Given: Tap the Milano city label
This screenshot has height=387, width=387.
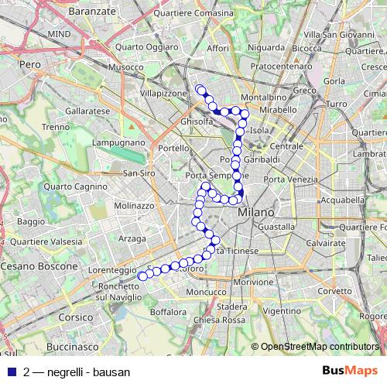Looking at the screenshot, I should [x=256, y=212].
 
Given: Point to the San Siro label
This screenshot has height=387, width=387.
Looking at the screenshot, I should [x=140, y=173].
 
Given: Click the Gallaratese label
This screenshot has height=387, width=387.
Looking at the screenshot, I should [x=69, y=111].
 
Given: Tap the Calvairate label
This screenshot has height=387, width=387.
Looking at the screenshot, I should [x=324, y=242].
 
